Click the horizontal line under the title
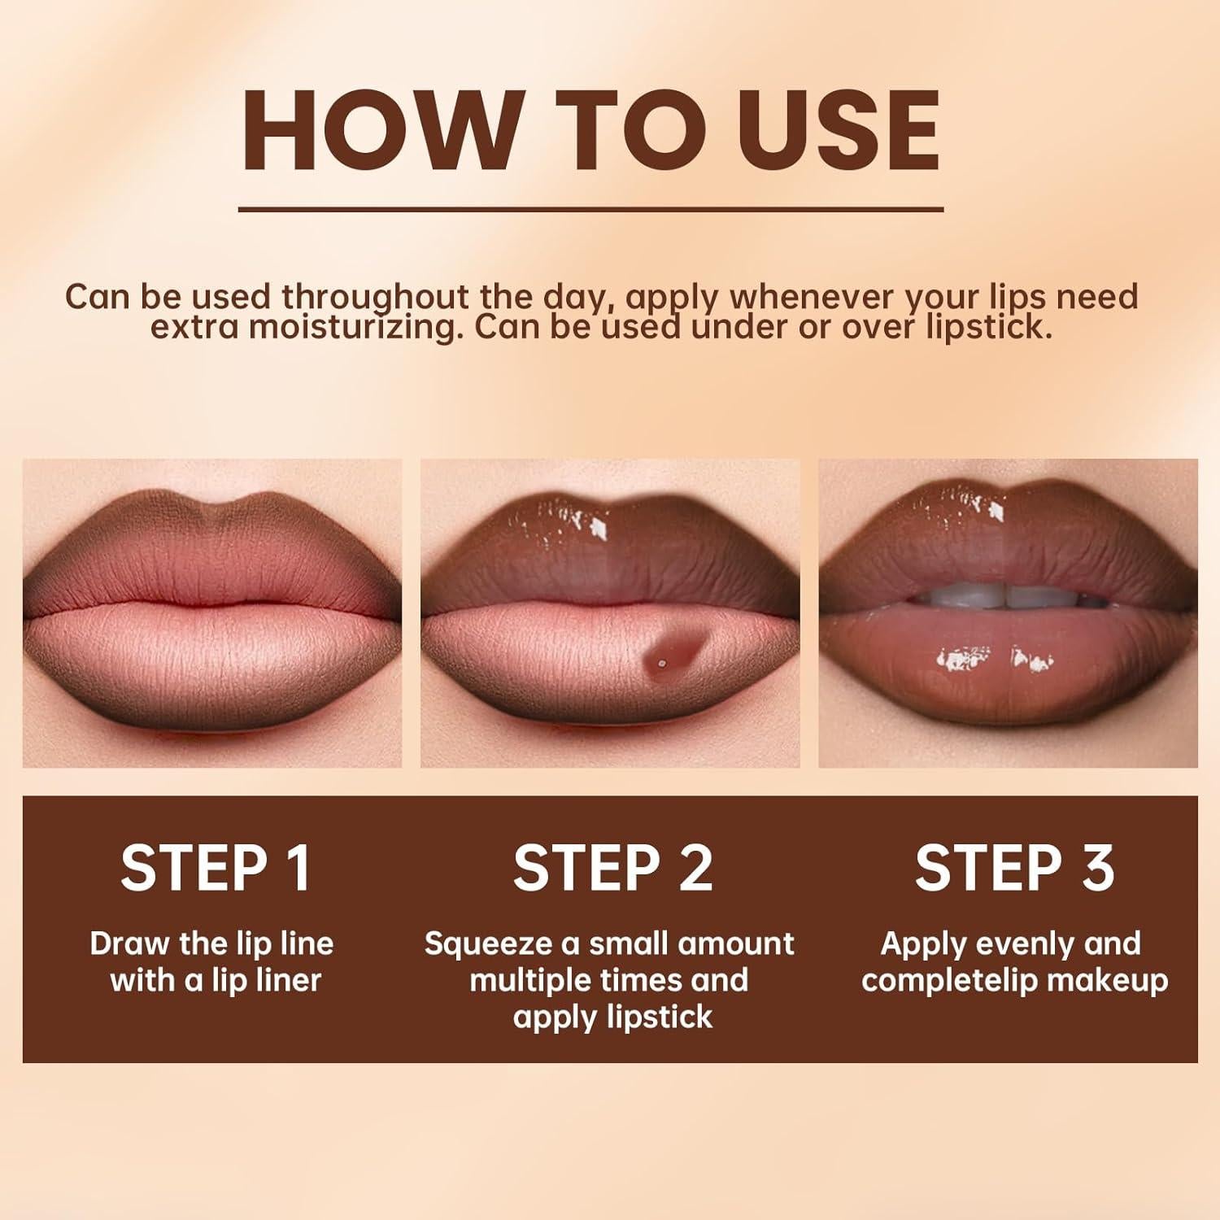[x=590, y=209]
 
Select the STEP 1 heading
[x=216, y=868]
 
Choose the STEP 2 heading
[x=612, y=868]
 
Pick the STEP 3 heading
[x=1014, y=868]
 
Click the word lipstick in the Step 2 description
[x=660, y=1017]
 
